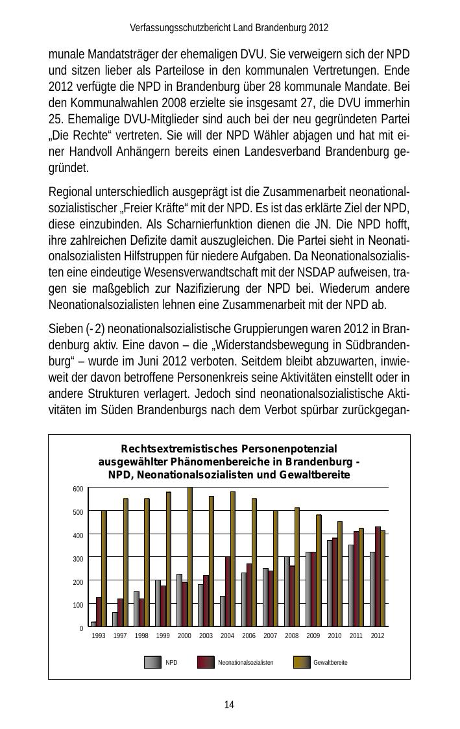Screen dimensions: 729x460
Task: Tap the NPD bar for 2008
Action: pyautogui.click(x=287, y=591)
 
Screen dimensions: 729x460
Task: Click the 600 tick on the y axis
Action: pyautogui.click(x=78, y=489)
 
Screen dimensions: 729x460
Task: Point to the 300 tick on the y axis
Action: pyautogui.click(x=78, y=558)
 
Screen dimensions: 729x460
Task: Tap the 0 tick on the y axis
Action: pyautogui.click(x=81, y=628)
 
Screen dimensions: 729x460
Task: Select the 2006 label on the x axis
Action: pyautogui.click(x=249, y=636)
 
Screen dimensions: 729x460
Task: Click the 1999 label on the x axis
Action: pyautogui.click(x=163, y=636)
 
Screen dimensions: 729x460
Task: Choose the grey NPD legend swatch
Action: pyautogui.click(x=152, y=662)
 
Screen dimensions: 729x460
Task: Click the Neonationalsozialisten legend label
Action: pyautogui.click(x=246, y=663)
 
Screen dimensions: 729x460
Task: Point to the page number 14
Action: pyautogui.click(x=229, y=705)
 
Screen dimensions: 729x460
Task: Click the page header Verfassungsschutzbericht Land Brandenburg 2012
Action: pyautogui.click(x=229, y=28)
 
